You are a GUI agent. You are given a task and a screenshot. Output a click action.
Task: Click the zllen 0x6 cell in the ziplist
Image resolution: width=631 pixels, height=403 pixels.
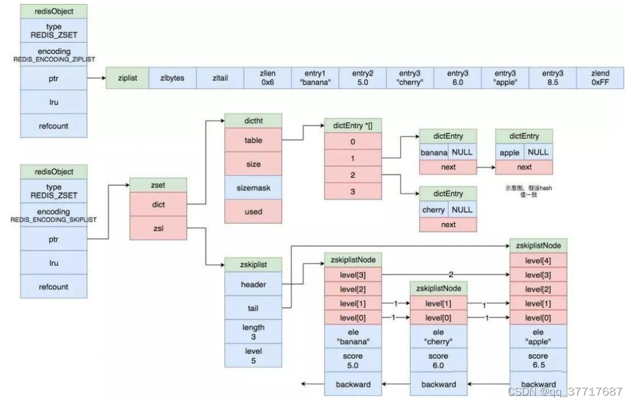coord(267,77)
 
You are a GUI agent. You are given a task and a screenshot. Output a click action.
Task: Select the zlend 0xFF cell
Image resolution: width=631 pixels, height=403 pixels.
coord(600,77)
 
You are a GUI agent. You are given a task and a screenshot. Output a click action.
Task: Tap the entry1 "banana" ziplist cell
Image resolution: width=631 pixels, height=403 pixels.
coord(314,77)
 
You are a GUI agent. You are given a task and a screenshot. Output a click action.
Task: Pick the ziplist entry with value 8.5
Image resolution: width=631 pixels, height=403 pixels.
coord(552,77)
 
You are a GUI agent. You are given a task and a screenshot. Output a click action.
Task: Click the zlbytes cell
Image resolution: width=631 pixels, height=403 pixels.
coord(172,77)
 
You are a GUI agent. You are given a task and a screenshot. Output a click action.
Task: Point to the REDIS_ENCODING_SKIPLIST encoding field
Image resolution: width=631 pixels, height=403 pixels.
coord(54,216)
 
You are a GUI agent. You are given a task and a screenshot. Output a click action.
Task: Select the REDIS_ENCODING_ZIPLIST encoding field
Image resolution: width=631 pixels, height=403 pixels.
coord(54,55)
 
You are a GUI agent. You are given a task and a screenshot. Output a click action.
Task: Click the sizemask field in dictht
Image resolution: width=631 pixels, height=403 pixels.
coord(253,188)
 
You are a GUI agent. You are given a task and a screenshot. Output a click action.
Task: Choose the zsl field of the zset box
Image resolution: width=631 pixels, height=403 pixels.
coord(158,228)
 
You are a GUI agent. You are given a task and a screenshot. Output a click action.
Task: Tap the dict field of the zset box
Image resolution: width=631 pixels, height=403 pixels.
coord(158,204)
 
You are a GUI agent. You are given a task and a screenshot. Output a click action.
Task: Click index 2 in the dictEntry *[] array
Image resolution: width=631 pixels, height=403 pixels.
coord(353,174)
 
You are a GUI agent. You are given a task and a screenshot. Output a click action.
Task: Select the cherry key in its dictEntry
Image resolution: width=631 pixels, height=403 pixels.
coord(434,210)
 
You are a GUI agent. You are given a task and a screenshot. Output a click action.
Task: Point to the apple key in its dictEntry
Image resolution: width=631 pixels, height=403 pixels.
coord(510,153)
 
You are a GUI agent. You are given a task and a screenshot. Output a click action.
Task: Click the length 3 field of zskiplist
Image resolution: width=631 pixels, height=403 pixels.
coord(253,332)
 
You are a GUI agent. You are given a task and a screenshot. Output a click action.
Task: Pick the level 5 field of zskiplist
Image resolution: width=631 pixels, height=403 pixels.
coord(253,356)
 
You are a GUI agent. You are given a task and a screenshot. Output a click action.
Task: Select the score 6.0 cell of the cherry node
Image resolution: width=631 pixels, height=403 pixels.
coord(438,361)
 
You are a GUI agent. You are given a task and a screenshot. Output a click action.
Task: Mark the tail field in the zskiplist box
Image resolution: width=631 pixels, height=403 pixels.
coord(253,308)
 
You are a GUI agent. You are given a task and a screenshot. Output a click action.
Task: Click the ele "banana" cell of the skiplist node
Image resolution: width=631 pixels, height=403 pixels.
coord(353,337)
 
